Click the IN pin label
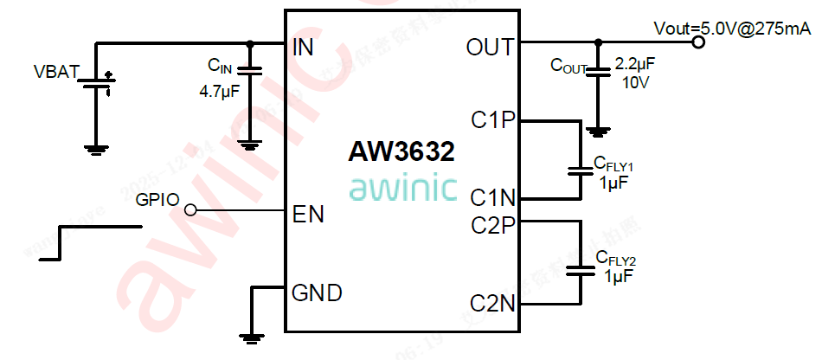(x=304, y=48)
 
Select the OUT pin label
(x=490, y=48)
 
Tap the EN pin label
(x=309, y=214)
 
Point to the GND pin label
(x=317, y=292)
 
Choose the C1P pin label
(x=493, y=119)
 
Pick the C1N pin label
(x=493, y=198)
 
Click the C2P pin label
(x=493, y=225)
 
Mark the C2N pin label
(x=493, y=304)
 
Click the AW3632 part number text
(x=401, y=152)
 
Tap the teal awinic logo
(x=402, y=188)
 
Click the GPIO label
(x=157, y=201)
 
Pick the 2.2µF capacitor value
(x=635, y=64)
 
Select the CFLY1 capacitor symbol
(x=578, y=170)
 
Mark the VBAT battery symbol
(x=98, y=85)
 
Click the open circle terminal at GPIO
(x=190, y=210)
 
